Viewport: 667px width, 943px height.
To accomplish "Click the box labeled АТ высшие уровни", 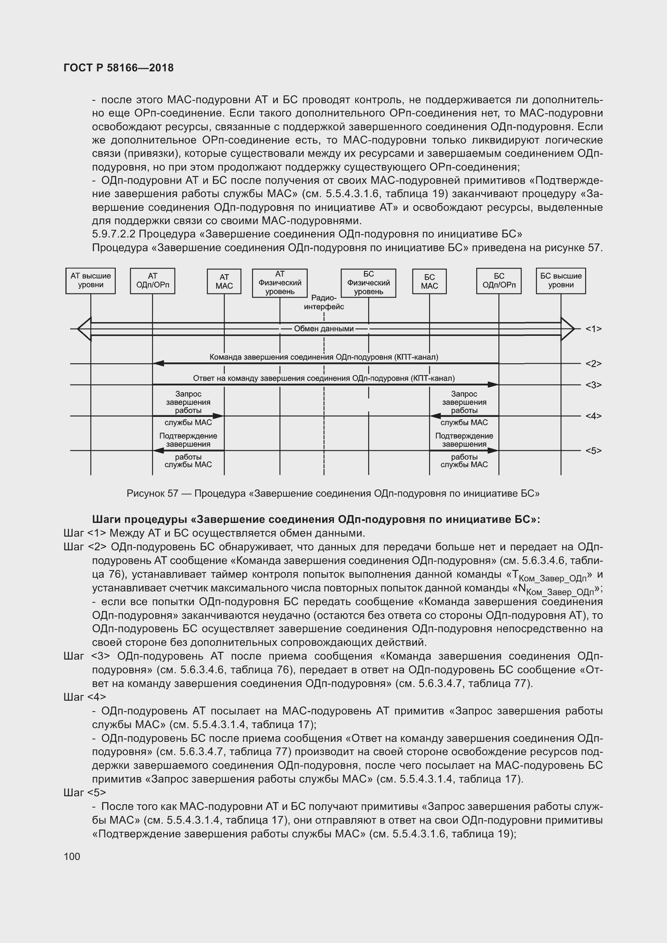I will pos(90,281).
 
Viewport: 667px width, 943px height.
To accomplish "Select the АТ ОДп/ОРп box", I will pos(152,281).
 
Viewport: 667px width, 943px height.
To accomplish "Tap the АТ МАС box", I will pos(224,282).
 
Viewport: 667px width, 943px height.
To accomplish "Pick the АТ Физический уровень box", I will pos(280,283).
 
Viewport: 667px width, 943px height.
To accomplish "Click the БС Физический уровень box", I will pos(369,283).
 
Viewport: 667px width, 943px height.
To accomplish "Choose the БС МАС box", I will pos(429,282).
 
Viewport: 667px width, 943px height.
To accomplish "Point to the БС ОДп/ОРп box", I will pos(498,281).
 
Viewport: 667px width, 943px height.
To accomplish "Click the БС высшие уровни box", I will pos(561,281).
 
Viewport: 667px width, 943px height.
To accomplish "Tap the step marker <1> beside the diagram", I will pos(593,329).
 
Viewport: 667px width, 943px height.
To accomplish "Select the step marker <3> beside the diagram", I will pos(593,385).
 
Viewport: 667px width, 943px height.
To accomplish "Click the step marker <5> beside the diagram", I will pos(593,451).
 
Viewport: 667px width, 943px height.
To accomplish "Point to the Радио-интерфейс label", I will pos(324,302).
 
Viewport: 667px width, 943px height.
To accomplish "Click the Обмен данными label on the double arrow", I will pos(324,329).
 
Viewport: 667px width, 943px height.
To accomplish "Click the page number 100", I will pos(72,856).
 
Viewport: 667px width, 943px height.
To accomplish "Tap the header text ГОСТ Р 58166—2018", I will pos(119,68).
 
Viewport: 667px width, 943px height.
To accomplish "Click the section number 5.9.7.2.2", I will pos(113,234).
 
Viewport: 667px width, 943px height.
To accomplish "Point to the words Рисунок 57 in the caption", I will pos(152,493).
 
